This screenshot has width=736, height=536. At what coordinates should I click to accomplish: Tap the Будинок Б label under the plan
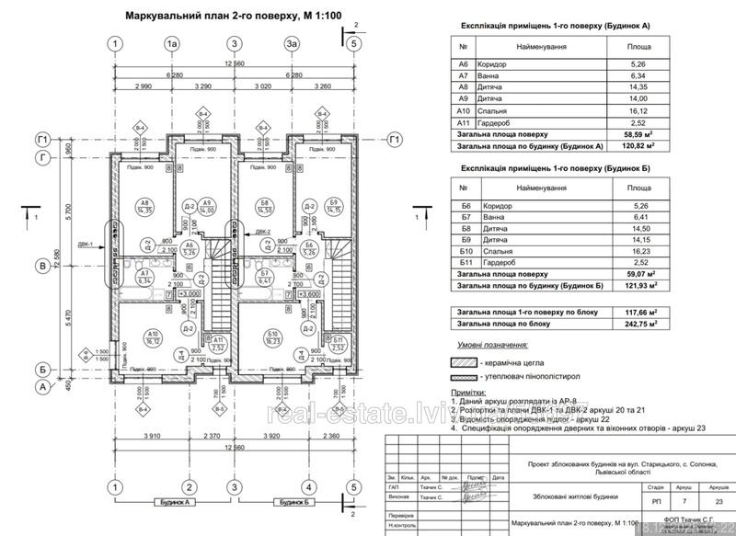[293, 503]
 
